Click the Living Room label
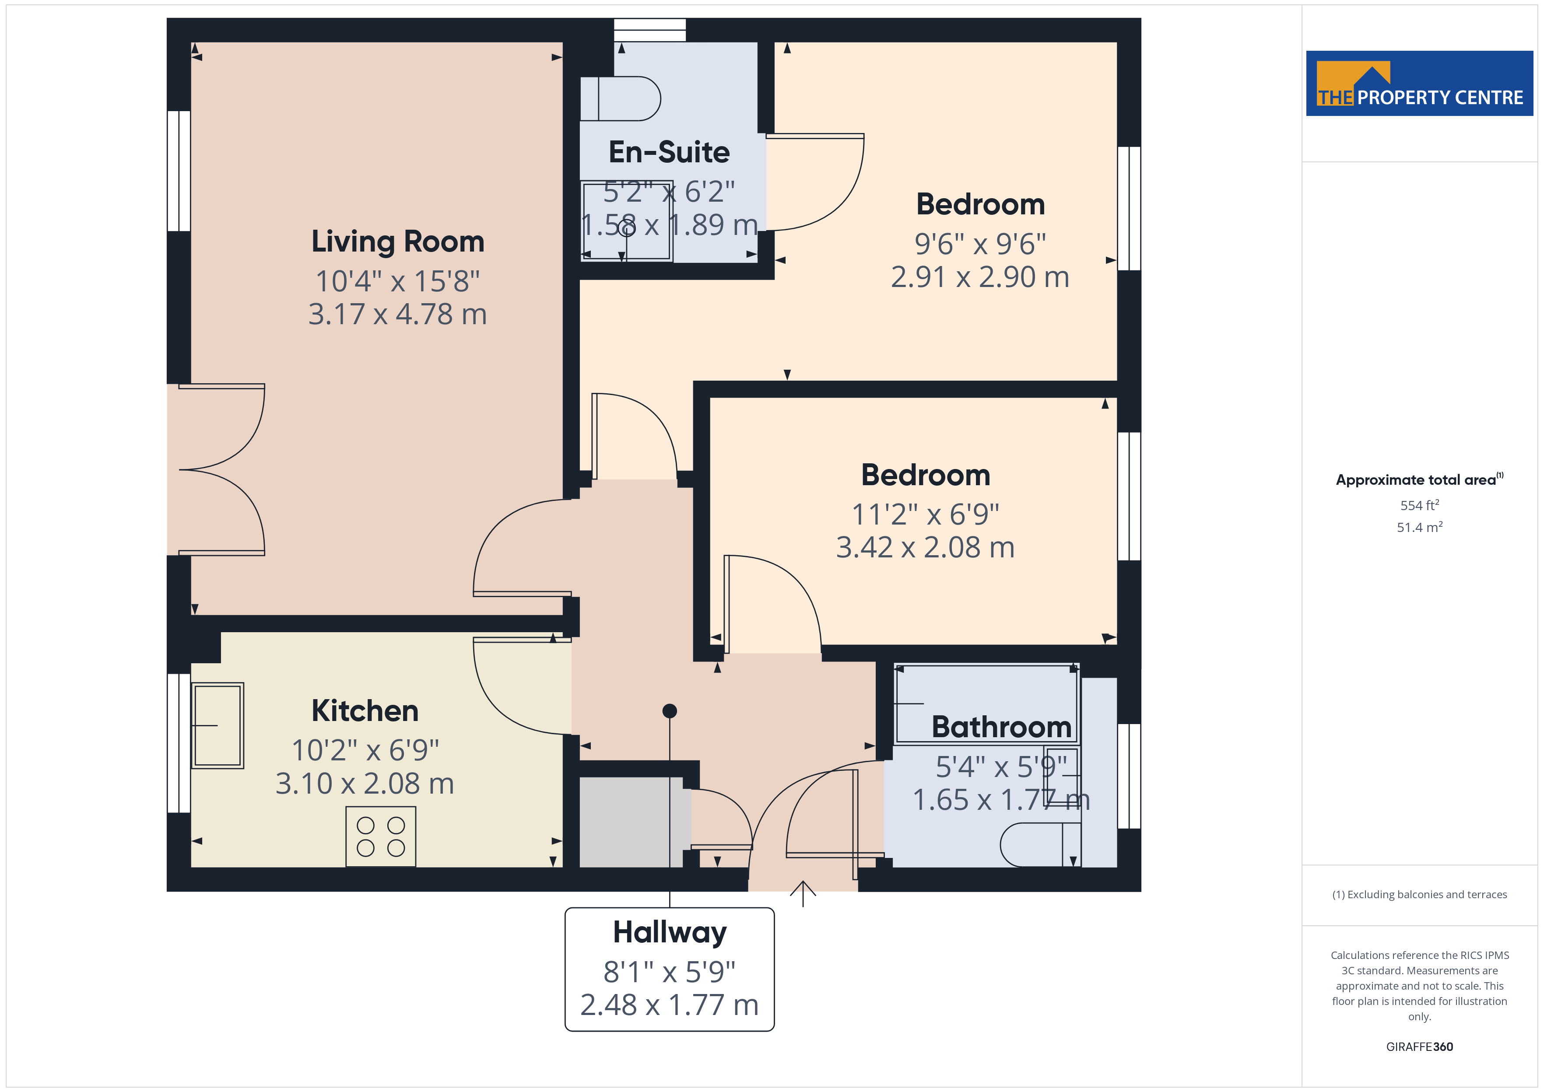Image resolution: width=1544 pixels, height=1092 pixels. pyautogui.click(x=397, y=242)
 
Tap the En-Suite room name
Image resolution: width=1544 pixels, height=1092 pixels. pyautogui.click(x=669, y=152)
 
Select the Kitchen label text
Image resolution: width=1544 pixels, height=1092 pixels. pyautogui.click(x=365, y=711)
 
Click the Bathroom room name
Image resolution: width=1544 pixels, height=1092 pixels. pyautogui.click(x=1001, y=727)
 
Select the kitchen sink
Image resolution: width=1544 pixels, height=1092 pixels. pyautogui.click(x=217, y=725)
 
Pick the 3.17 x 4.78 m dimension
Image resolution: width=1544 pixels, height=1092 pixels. pyautogui.click(x=397, y=315)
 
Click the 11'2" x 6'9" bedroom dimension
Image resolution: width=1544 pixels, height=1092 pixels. pyautogui.click(x=925, y=514)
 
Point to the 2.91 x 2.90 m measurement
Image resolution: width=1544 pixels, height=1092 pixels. pyautogui.click(x=980, y=277)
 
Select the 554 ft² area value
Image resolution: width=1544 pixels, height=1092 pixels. pyautogui.click(x=1420, y=505)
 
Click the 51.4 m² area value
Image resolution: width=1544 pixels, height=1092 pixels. pyautogui.click(x=1420, y=527)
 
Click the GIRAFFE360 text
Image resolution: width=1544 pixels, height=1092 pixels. pyautogui.click(x=1420, y=1047)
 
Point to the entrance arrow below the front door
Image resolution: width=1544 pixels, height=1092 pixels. pyautogui.click(x=803, y=894)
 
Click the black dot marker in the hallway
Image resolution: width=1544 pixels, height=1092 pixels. pyautogui.click(x=670, y=711)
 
